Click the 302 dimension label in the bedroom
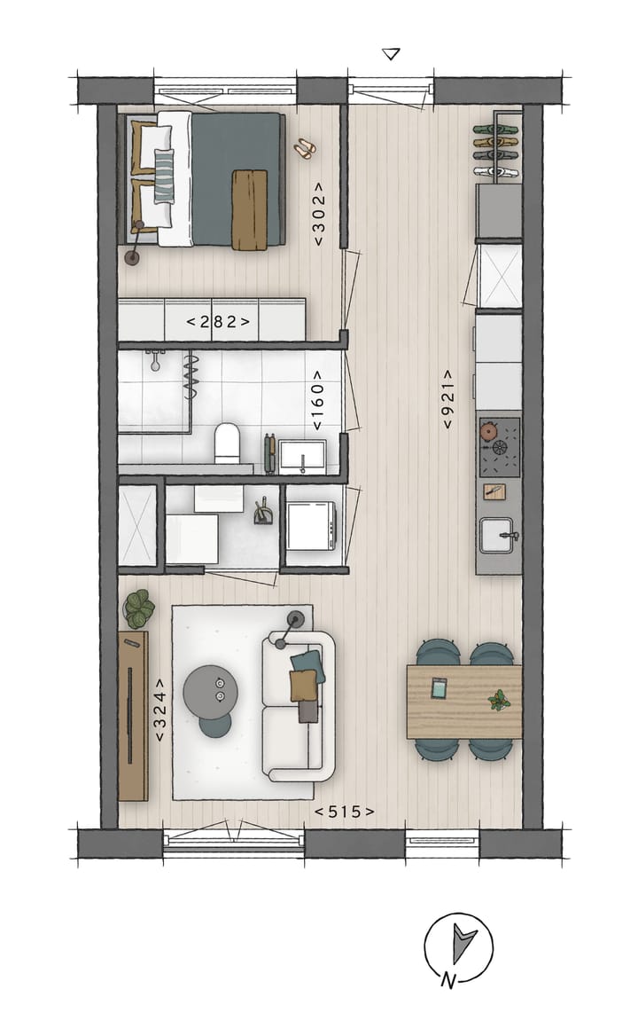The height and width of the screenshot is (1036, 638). [319, 213]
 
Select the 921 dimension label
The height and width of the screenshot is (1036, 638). [449, 400]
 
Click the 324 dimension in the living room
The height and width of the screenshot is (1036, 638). [160, 710]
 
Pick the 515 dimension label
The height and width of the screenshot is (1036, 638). [345, 811]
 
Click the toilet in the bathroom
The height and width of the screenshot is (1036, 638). [227, 442]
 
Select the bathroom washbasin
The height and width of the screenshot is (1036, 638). [301, 456]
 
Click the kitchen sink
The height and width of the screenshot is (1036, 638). [498, 535]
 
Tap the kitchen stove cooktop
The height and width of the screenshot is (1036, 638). [499, 446]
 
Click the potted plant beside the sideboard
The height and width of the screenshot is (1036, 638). [138, 609]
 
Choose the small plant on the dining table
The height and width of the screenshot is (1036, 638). [499, 700]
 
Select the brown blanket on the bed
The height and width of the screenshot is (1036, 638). [249, 208]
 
